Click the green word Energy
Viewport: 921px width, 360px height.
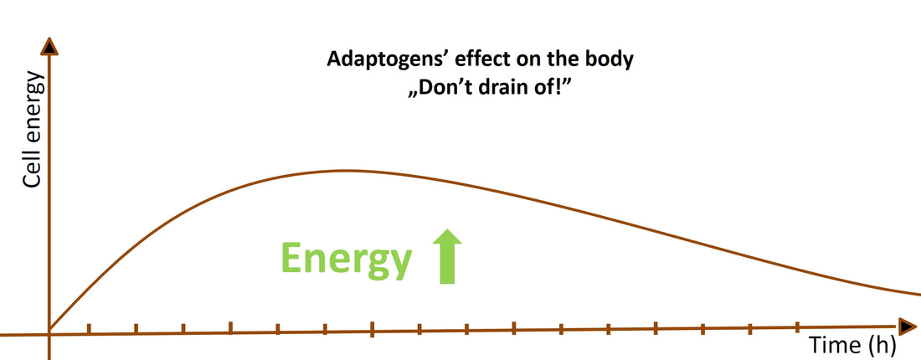346,259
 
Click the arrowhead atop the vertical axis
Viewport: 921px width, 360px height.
50,47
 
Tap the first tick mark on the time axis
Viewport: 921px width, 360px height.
89,329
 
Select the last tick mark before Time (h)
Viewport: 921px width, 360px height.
797,325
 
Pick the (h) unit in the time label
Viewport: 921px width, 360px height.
882,345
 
